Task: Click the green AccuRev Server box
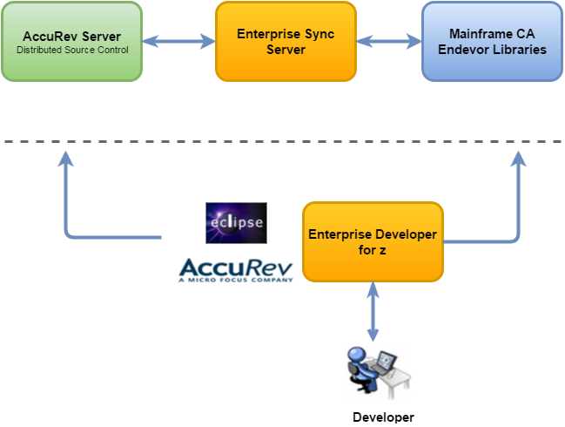pyautogui.click(x=71, y=42)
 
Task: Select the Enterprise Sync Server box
pyautogui.click(x=286, y=42)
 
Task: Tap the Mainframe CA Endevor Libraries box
pyautogui.click(x=492, y=42)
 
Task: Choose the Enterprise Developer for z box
pyautogui.click(x=373, y=241)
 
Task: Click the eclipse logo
pyautogui.click(x=237, y=223)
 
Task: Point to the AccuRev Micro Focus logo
pyautogui.click(x=236, y=270)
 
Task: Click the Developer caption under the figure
pyautogui.click(x=383, y=417)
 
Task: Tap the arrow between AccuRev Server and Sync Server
pyautogui.click(x=178, y=41)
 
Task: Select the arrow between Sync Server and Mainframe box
pyautogui.click(x=389, y=41)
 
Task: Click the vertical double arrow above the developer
pyautogui.click(x=373, y=311)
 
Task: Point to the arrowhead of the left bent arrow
pyautogui.click(x=65, y=158)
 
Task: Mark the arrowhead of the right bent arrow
pyautogui.click(x=519, y=158)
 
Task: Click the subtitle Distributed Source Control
pyautogui.click(x=72, y=50)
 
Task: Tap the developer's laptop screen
pyautogui.click(x=387, y=361)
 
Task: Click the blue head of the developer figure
pyautogui.click(x=357, y=354)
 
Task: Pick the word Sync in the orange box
pyautogui.click(x=319, y=34)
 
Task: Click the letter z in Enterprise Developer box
pyautogui.click(x=382, y=250)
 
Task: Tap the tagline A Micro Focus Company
pyautogui.click(x=236, y=280)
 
